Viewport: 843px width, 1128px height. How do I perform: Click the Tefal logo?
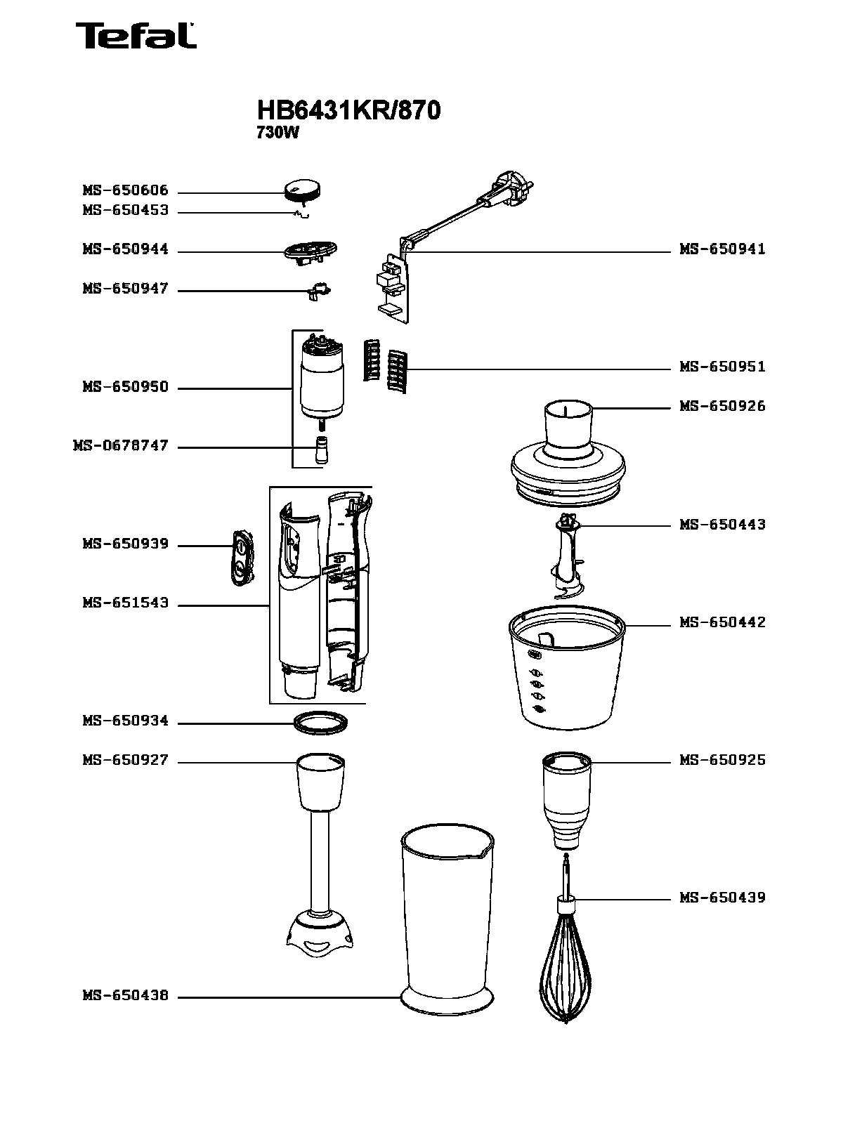(136, 36)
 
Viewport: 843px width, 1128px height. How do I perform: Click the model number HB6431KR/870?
(348, 110)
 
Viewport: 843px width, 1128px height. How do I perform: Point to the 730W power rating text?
(277, 133)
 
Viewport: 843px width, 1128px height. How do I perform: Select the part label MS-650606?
(126, 190)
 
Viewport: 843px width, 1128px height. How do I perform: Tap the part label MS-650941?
(722, 249)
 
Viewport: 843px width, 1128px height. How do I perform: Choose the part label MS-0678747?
(121, 445)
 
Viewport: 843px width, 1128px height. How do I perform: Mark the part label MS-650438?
(126, 995)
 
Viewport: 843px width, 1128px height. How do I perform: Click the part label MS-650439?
(722, 898)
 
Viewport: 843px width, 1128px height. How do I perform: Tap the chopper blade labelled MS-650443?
(566, 557)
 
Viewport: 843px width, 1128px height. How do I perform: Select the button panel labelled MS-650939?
(242, 558)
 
